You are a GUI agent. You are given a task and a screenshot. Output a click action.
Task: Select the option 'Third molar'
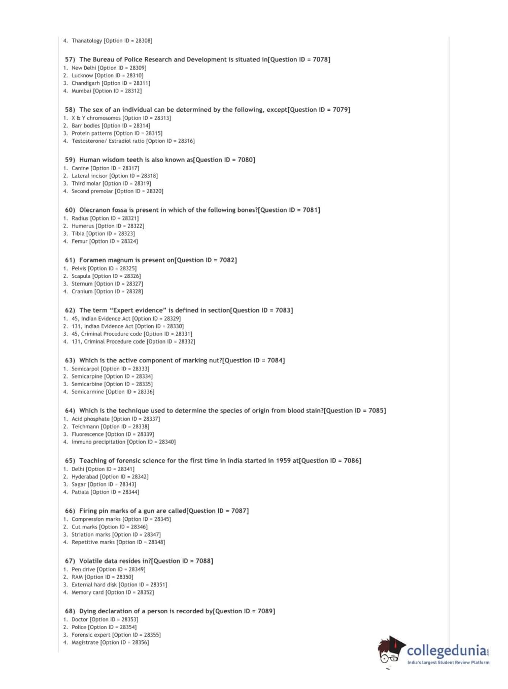tap(86, 183)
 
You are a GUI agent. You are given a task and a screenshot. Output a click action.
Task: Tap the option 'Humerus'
tap(83, 226)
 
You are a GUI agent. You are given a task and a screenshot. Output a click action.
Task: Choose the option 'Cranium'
tap(82, 292)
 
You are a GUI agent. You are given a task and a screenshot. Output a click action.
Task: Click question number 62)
tap(70, 310)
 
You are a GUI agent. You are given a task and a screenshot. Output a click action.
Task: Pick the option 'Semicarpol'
tap(85, 369)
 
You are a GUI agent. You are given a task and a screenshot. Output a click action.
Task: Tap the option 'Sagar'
tap(79, 485)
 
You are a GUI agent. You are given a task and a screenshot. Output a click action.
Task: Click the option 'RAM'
tap(77, 577)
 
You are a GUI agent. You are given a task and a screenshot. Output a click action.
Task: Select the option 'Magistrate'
tap(85, 643)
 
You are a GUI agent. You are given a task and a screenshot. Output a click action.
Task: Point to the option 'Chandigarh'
tap(86, 83)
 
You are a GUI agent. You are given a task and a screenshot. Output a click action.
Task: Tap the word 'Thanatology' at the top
tap(87, 41)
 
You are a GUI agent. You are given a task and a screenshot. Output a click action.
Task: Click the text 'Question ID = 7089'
tap(244, 611)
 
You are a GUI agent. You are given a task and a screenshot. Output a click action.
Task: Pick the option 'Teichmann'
tap(85, 427)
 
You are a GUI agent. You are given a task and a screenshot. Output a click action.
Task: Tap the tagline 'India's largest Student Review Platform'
tap(448, 663)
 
